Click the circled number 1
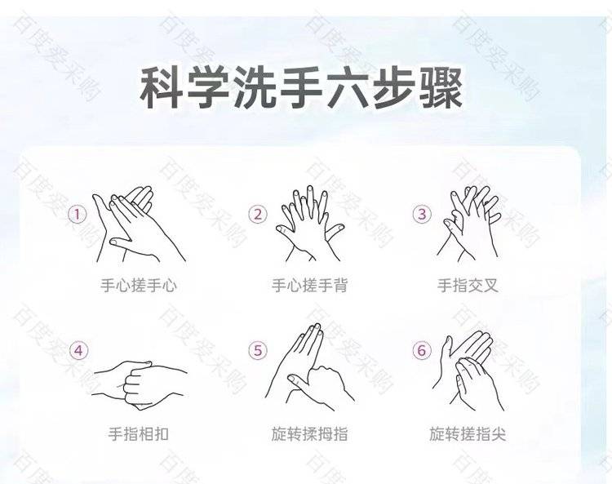tap(78, 215)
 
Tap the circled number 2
tap(258, 215)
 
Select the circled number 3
tap(422, 214)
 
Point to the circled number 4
tap(78, 350)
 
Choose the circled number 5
tap(258, 350)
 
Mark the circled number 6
tap(422, 350)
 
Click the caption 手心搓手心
tap(139, 286)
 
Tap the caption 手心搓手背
tap(309, 286)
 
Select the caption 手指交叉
tap(468, 286)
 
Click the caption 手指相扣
tap(139, 433)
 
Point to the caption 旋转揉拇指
tap(309, 433)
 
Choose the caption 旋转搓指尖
tap(468, 433)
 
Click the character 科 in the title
tap(162, 88)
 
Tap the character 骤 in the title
tap(441, 88)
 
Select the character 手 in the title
tap(301, 88)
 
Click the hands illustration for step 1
tap(139, 224)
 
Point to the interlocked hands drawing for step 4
tap(140, 385)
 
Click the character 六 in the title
tap(348, 88)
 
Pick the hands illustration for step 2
tap(310, 224)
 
